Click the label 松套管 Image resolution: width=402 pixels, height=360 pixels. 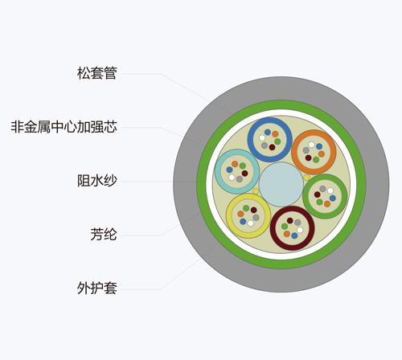click(x=97, y=73)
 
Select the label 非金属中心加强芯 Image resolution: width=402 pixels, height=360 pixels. click(x=64, y=127)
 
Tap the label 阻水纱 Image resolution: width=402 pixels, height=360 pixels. click(x=97, y=181)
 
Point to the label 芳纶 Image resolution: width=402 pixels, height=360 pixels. click(x=104, y=235)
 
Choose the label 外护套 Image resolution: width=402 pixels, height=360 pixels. click(x=97, y=288)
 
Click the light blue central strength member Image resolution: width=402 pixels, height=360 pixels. click(x=281, y=184)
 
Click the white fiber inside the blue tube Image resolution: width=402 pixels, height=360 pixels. click(x=262, y=138)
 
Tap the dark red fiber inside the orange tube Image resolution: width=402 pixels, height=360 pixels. click(x=308, y=157)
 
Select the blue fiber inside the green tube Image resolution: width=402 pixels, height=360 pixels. click(x=333, y=198)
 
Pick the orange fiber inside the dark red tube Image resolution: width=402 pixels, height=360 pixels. click(x=287, y=234)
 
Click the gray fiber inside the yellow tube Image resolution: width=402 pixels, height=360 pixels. click(x=256, y=218)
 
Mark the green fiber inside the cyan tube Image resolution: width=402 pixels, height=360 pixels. click(x=243, y=166)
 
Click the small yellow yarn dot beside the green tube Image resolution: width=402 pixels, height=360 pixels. click(x=306, y=178)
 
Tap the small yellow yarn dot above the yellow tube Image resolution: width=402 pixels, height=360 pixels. click(x=256, y=191)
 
